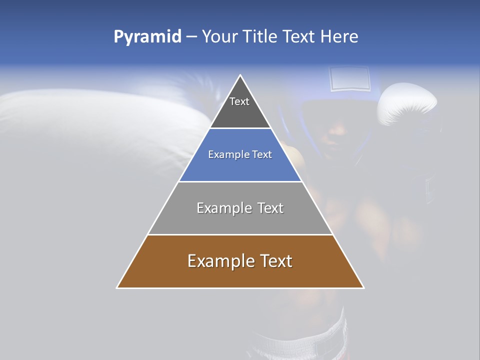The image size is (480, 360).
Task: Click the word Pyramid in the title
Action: pyautogui.click(x=147, y=37)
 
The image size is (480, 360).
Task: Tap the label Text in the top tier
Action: pyautogui.click(x=239, y=101)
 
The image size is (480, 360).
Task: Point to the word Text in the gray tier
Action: pyautogui.click(x=270, y=208)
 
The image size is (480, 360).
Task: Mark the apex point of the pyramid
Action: pyautogui.click(x=240, y=75)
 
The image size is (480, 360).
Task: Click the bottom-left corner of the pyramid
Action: pyautogui.click(x=117, y=288)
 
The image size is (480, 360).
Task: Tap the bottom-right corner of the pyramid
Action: pyautogui.click(x=364, y=288)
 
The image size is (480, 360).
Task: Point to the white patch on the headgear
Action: pyautogui.click(x=350, y=78)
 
